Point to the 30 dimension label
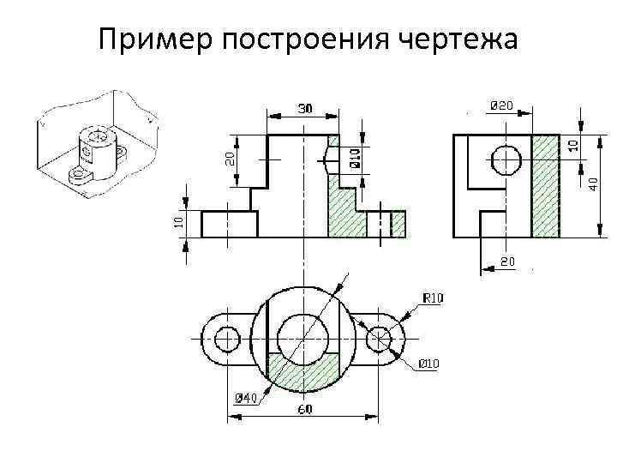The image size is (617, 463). (304, 108)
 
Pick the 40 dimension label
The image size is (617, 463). (594, 183)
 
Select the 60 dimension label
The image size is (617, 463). (304, 409)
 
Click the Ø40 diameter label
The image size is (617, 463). (246, 398)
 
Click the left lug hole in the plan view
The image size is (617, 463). (227, 339)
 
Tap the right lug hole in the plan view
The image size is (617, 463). (379, 339)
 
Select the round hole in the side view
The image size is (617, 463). (505, 159)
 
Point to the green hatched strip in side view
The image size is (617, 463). (546, 184)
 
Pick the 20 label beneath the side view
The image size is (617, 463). (507, 261)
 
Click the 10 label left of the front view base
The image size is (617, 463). (178, 220)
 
